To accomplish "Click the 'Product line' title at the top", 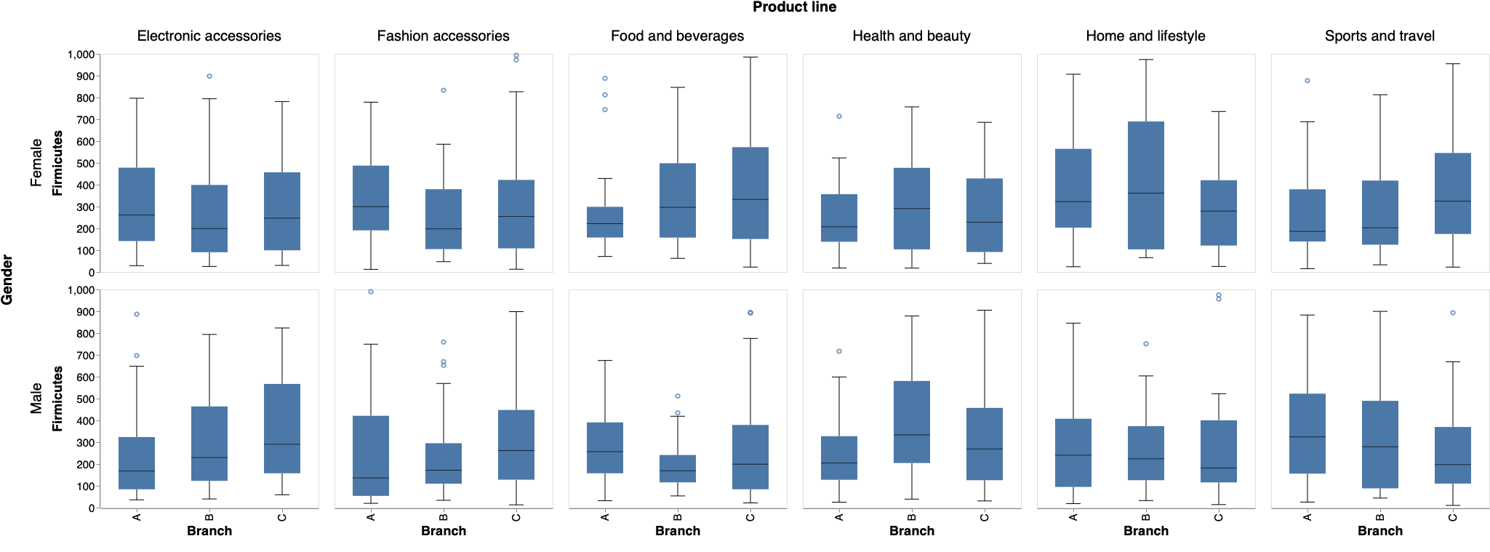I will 794,7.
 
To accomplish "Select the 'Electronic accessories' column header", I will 209,36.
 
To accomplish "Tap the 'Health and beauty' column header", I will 911,36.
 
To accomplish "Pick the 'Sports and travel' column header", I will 1379,36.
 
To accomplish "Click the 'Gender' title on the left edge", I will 7,279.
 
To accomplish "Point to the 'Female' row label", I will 36,163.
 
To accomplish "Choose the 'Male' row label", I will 36,399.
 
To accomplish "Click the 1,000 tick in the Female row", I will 81,55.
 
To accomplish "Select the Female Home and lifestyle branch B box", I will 1146,185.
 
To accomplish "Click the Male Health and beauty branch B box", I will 912,422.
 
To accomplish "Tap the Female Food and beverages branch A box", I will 605,222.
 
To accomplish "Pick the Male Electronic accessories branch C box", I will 282,428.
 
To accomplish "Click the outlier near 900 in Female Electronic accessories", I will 209,76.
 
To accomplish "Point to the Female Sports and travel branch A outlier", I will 1307,81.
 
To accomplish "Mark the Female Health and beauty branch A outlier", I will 839,116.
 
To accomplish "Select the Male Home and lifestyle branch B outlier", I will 1146,344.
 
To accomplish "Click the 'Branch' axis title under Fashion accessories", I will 443,531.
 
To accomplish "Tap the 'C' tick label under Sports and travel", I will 1453,517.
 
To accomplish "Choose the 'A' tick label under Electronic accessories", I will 137,517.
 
